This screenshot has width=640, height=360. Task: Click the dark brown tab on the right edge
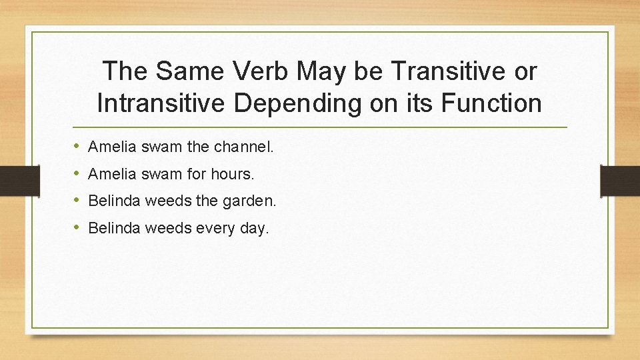[x=619, y=181]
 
